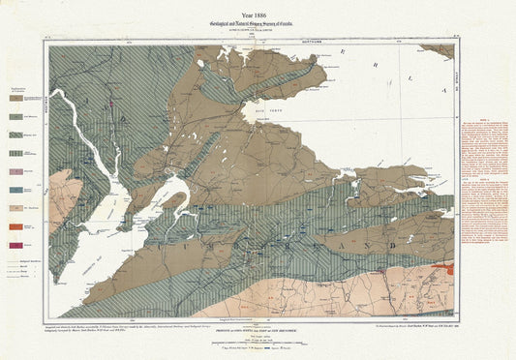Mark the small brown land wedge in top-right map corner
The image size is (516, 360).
(440, 49)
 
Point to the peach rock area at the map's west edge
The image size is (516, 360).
(64, 198)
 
